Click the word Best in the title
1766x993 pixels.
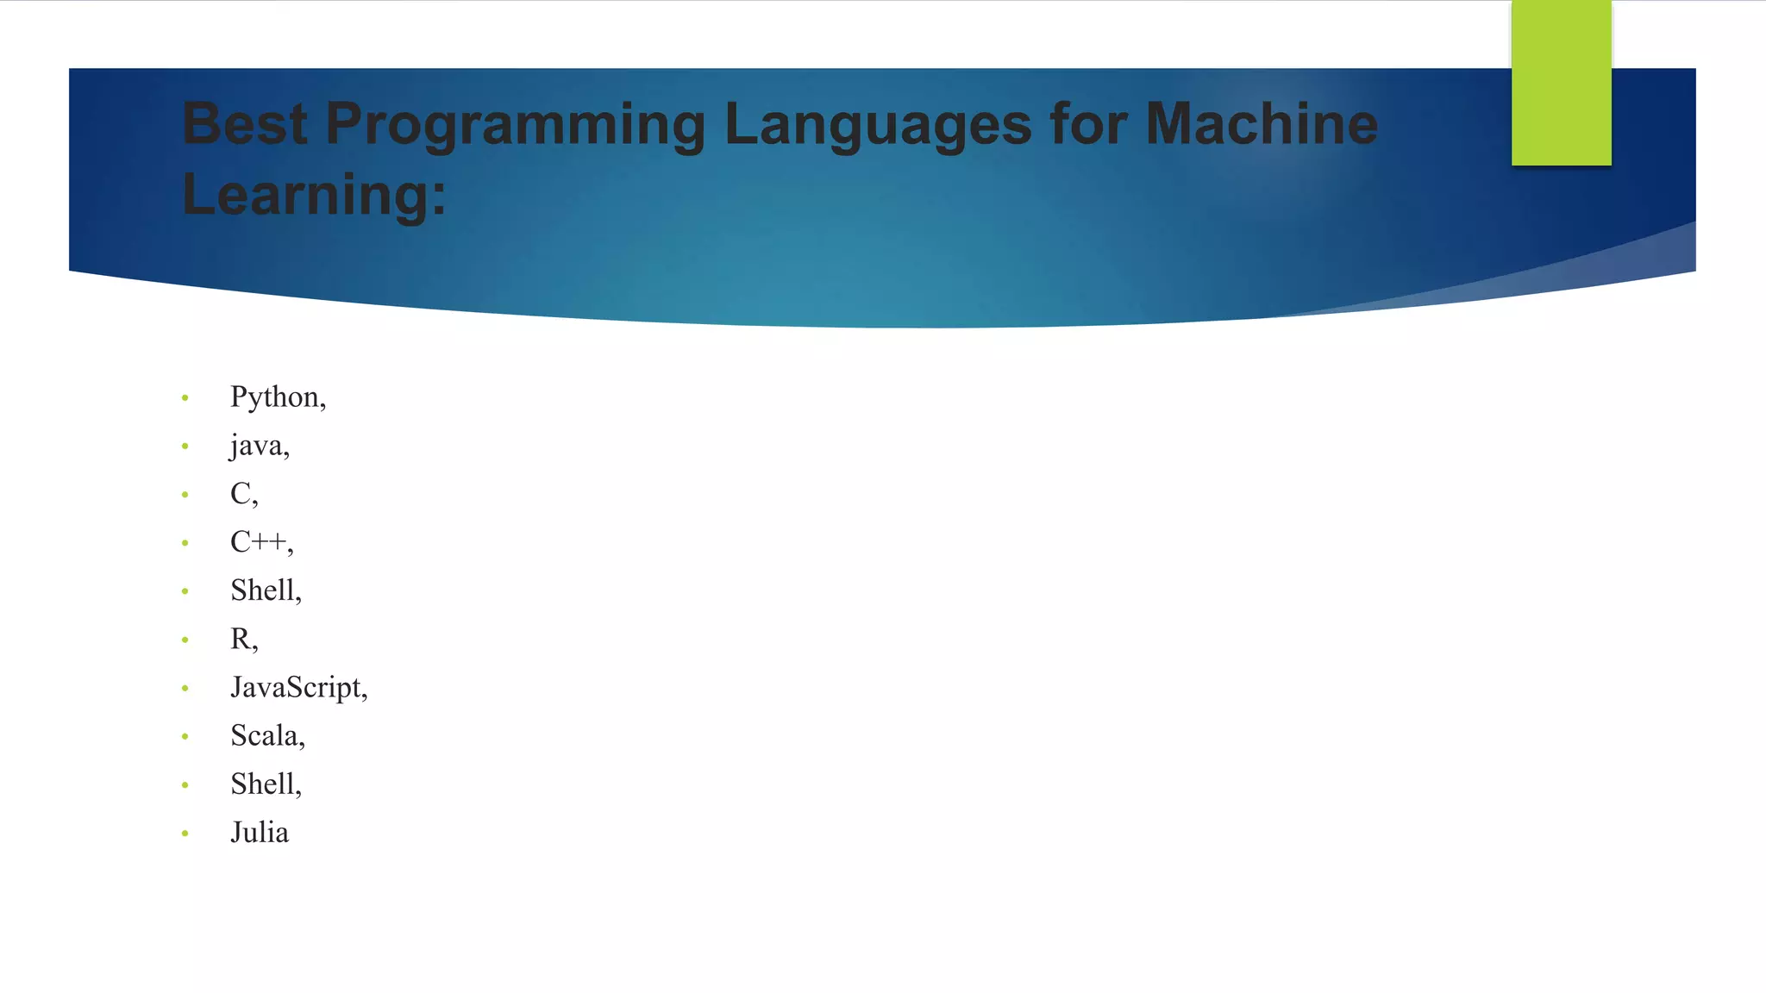[245, 124]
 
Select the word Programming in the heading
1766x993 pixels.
[516, 126]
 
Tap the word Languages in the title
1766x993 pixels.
[878, 126]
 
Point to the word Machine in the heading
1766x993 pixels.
[1262, 124]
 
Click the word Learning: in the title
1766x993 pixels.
[315, 196]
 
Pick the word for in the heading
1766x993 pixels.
[1088, 124]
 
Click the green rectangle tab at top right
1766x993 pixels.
[1561, 83]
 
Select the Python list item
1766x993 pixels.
[278, 397]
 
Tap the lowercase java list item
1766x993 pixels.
[260, 446]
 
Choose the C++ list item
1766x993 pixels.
[261, 542]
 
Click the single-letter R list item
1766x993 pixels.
[244, 640]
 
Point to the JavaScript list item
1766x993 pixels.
[298, 688]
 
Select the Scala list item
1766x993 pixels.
[267, 736]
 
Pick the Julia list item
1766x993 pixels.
[260, 833]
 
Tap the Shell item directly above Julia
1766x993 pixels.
[266, 784]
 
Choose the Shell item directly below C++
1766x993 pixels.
[266, 590]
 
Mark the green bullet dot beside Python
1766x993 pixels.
[185, 397]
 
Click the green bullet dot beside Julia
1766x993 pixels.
[185, 834]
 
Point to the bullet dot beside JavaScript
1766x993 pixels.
[185, 688]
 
